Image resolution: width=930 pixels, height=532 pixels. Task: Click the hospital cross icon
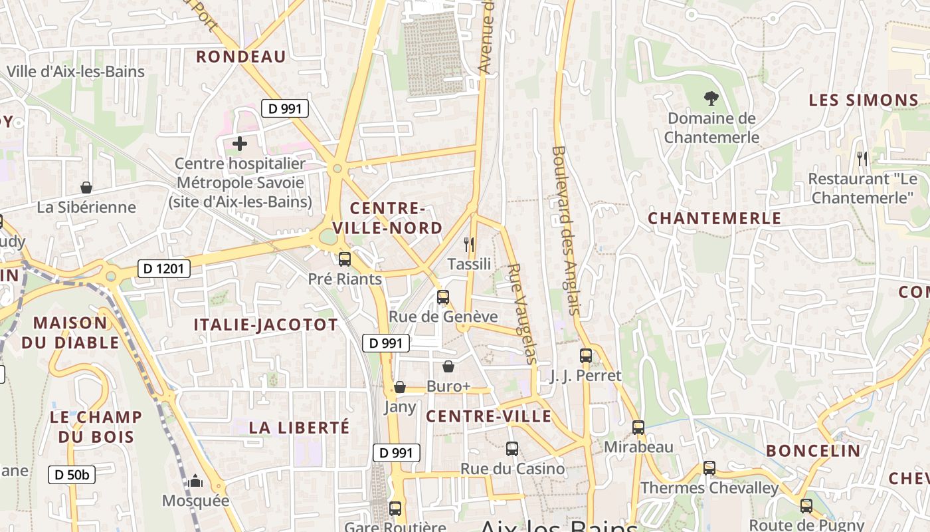tap(240, 143)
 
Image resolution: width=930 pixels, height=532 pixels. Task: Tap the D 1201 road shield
tap(164, 269)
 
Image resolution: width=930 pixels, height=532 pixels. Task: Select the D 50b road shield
tap(72, 475)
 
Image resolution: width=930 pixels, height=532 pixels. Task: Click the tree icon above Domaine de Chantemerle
tap(711, 99)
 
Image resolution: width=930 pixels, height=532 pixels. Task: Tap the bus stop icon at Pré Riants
tap(344, 259)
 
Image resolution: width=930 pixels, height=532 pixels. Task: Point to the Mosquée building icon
tap(195, 481)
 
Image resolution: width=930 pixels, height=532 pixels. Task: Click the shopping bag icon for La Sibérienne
tap(86, 188)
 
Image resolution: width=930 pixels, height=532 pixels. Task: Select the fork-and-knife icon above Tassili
tap(469, 244)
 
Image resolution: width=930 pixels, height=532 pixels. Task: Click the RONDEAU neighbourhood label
tap(241, 57)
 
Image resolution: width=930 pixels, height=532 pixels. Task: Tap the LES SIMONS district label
tap(864, 100)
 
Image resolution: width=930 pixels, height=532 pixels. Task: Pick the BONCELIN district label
tap(813, 450)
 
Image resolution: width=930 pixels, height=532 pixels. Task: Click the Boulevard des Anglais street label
tap(566, 230)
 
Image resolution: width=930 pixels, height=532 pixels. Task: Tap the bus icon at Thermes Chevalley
tap(709, 468)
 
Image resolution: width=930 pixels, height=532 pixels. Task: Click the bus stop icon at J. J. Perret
tap(585, 356)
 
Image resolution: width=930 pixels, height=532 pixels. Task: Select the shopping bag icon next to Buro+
tap(448, 366)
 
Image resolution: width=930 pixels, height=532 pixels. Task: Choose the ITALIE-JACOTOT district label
tap(266, 325)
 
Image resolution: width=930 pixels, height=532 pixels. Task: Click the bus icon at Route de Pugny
tap(806, 506)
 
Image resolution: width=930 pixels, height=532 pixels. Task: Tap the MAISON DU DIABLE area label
tap(70, 332)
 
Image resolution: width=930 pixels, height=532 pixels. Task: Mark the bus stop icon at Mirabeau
tap(638, 428)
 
